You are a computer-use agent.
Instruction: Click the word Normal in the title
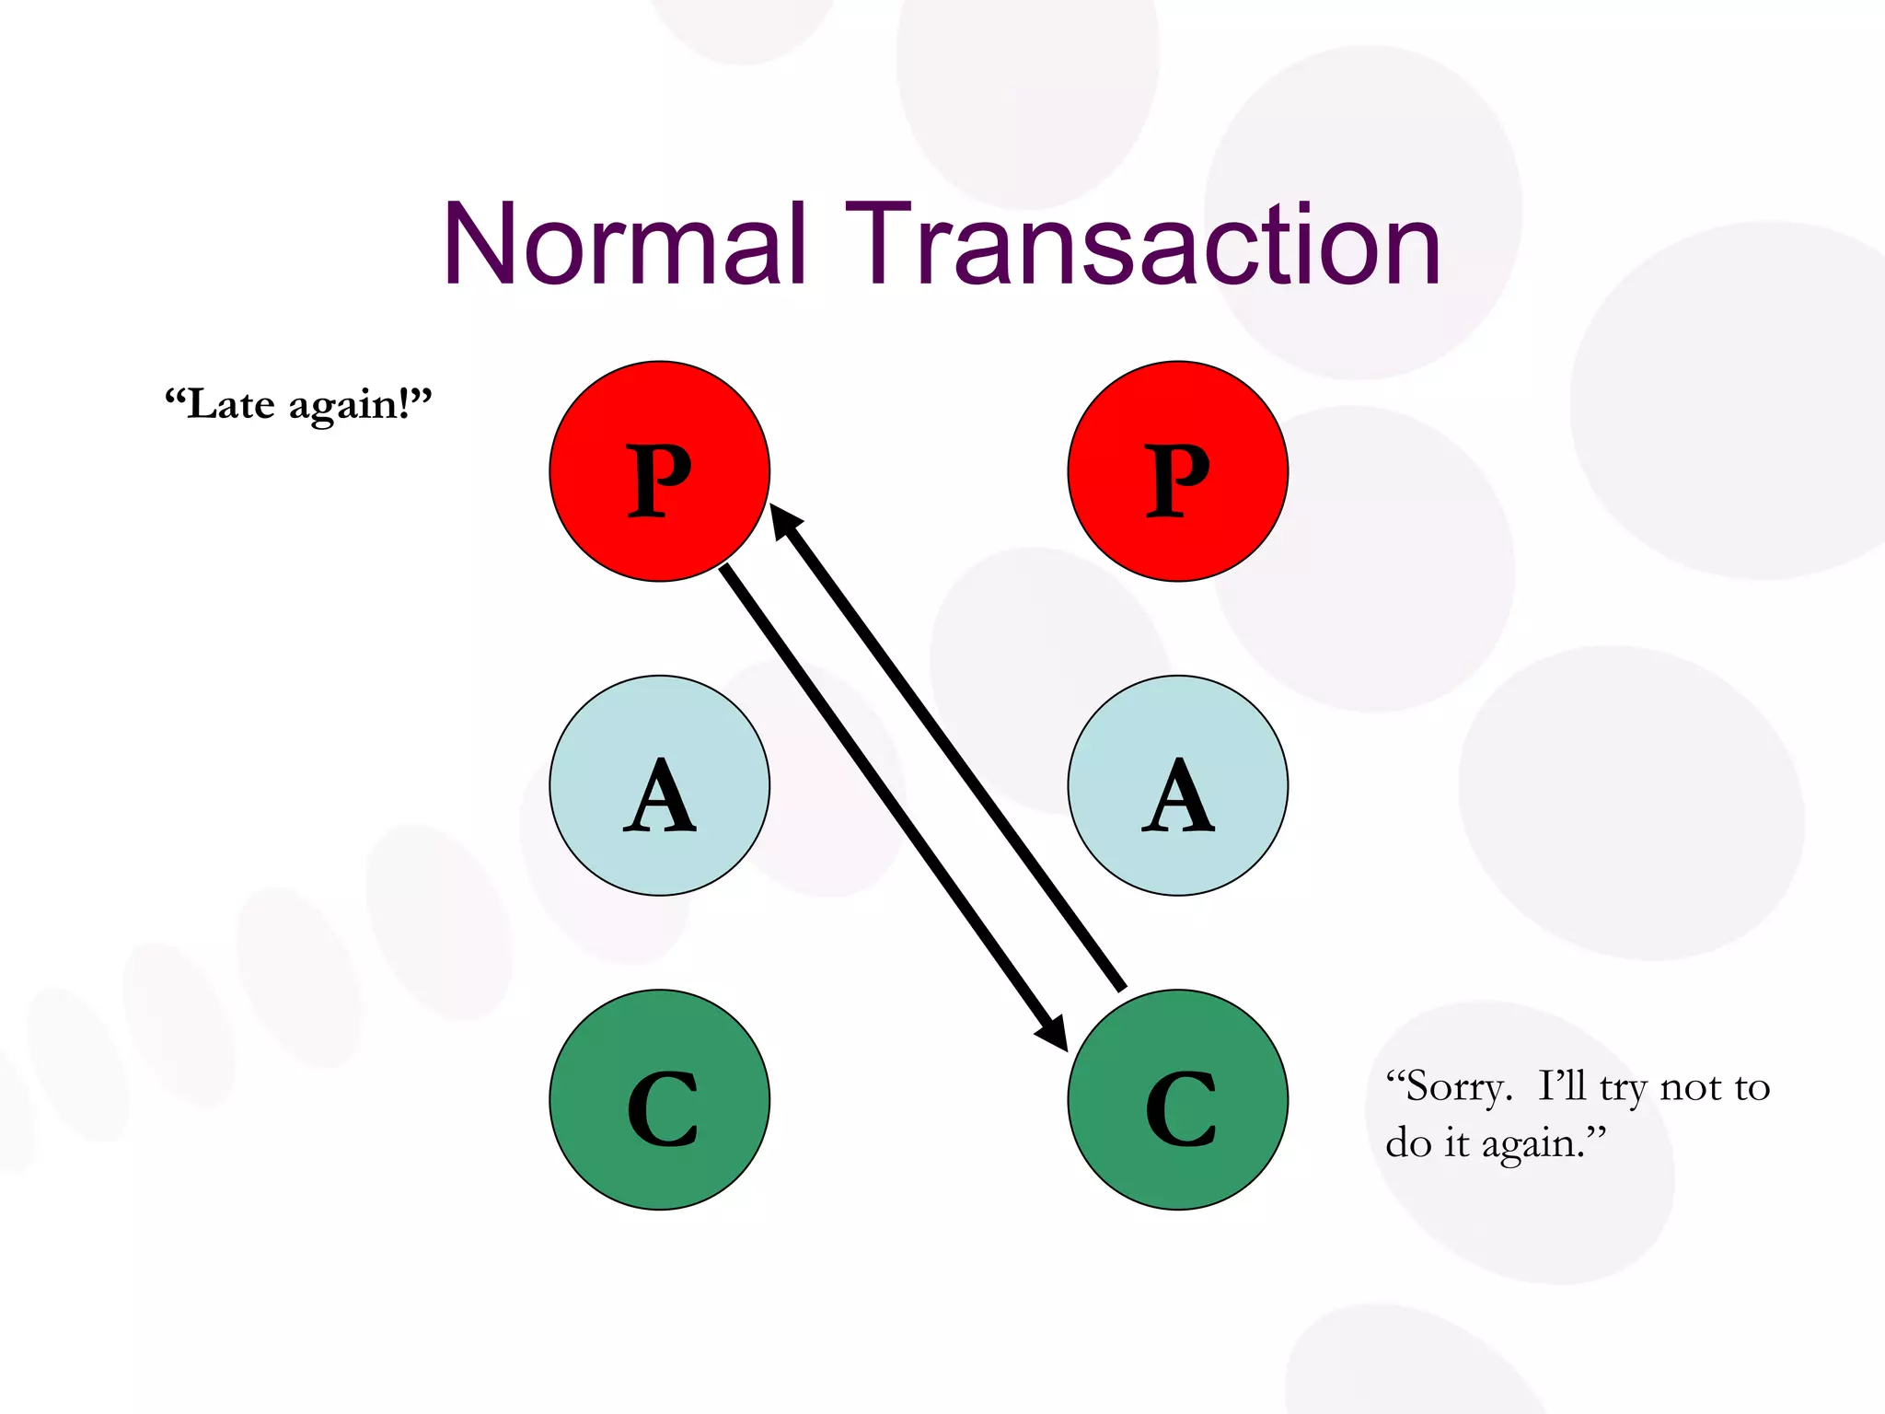tap(625, 244)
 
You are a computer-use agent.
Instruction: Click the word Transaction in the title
tap(1142, 244)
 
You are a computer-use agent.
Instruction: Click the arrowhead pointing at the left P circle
tap(784, 520)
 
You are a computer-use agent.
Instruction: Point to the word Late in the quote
tap(230, 404)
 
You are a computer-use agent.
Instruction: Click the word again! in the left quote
tap(359, 406)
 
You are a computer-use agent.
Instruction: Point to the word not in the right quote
tap(1691, 1088)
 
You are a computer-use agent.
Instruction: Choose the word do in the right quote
tap(1408, 1143)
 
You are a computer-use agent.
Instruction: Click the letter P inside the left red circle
tap(659, 479)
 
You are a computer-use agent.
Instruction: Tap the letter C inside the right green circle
tap(1180, 1109)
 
